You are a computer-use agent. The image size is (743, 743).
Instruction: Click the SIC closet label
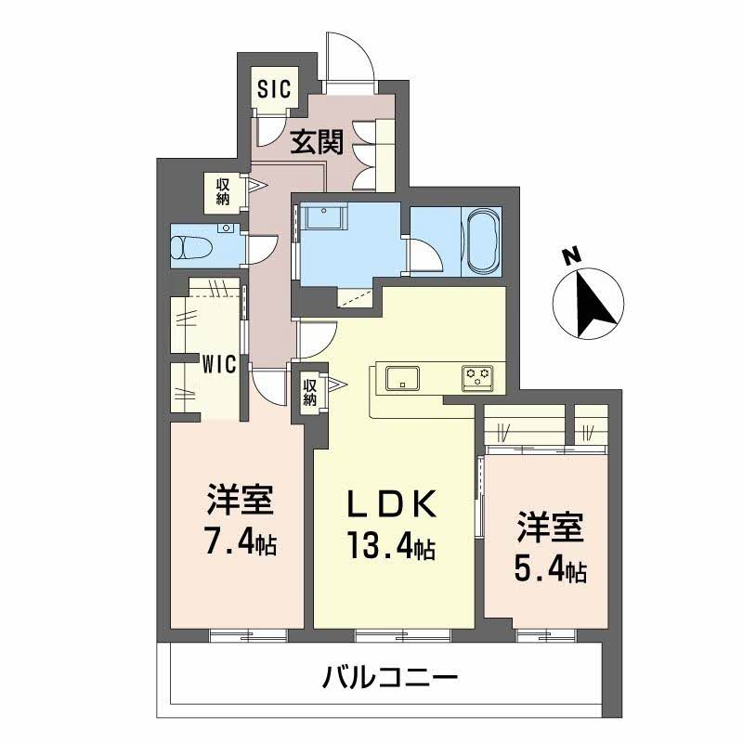pos(274,89)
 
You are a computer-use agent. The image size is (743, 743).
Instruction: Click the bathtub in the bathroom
pos(482,241)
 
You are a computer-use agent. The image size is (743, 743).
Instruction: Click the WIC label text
pos(221,364)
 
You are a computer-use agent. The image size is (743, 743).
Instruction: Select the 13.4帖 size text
pos(391,545)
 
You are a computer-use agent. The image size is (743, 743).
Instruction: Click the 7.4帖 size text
pos(239,541)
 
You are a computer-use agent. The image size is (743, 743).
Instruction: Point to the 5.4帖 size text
pos(550,568)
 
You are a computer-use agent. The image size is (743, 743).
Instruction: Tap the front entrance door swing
pos(351,58)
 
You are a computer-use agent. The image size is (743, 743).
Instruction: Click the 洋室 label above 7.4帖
pos(239,502)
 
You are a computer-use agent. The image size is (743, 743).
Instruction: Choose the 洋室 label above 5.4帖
pos(550,528)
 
